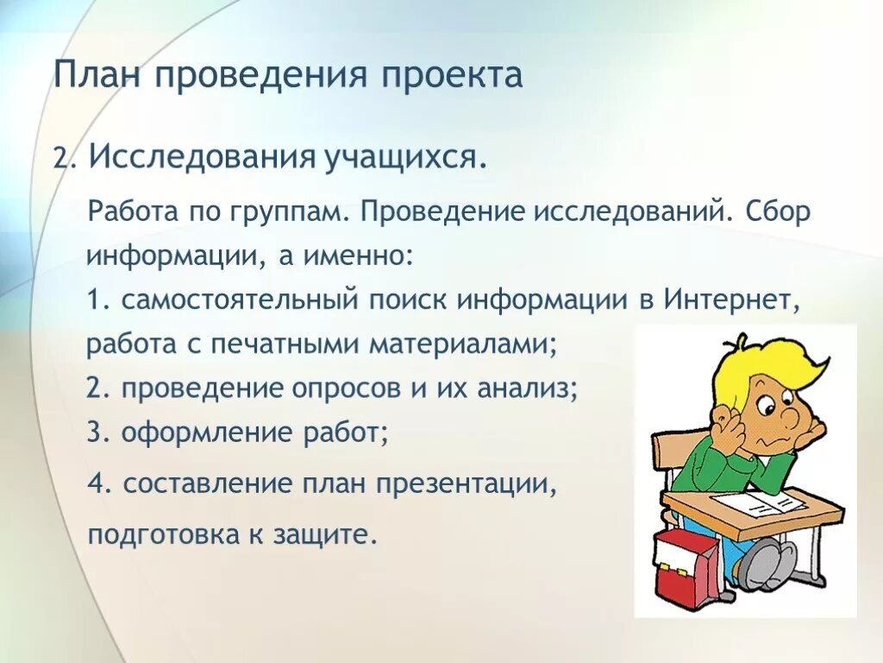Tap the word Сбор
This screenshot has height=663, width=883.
click(780, 213)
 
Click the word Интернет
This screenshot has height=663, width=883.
click(732, 300)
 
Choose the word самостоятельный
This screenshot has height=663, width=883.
click(239, 300)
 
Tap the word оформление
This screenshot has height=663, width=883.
click(206, 432)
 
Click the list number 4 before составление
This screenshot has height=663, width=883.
click(95, 483)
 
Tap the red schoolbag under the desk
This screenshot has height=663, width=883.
click(686, 561)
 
